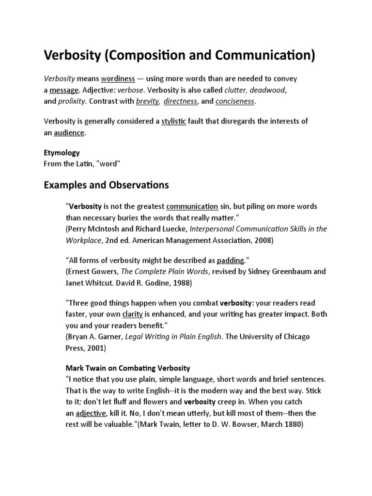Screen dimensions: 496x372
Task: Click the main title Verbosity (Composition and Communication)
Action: (x=179, y=56)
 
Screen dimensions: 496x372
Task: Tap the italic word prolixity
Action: (x=71, y=101)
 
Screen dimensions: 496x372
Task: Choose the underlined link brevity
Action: (x=147, y=101)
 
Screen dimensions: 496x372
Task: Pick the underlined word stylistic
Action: (x=173, y=121)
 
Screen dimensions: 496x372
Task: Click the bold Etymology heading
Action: (x=62, y=153)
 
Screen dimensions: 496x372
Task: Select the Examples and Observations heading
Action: (x=106, y=185)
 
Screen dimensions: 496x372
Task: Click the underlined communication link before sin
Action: (x=192, y=206)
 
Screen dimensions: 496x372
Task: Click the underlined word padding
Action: (x=230, y=260)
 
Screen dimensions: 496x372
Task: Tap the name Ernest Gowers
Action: (x=92, y=271)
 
